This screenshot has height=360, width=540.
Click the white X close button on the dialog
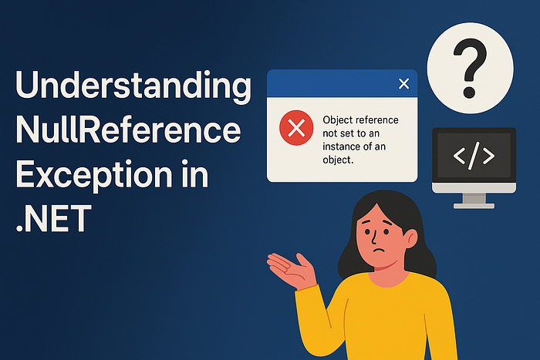click(x=403, y=83)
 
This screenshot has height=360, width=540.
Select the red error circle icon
click(x=295, y=130)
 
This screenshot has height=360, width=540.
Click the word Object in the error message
click(x=337, y=120)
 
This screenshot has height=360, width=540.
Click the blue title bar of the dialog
click(x=332, y=83)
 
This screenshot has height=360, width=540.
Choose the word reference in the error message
click(x=377, y=120)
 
